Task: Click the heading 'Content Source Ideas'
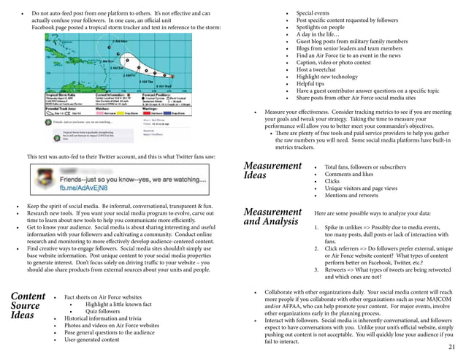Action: [x=28, y=306]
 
